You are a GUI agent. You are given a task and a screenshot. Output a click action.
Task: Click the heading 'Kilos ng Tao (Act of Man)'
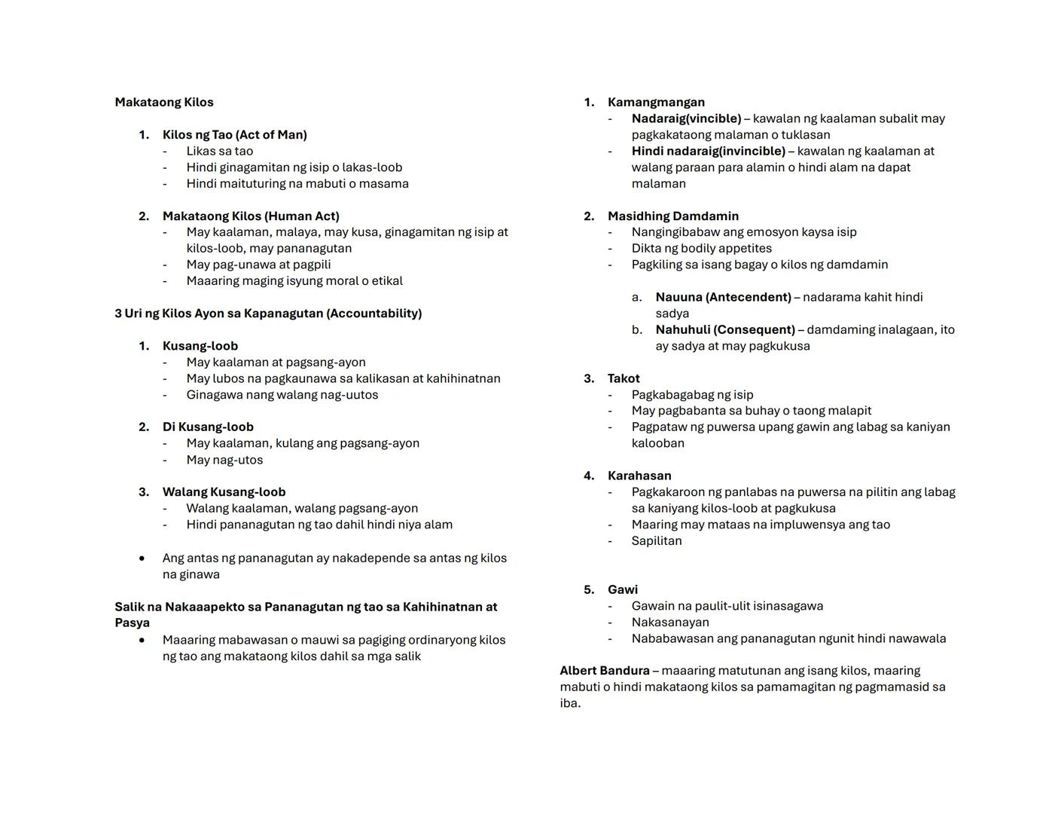pos(234,135)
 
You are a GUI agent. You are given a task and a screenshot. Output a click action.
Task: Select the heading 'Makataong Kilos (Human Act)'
pos(251,216)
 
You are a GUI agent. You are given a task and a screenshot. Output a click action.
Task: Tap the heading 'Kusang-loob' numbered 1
pos(200,346)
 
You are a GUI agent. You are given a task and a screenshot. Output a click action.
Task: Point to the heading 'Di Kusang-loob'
pos(208,427)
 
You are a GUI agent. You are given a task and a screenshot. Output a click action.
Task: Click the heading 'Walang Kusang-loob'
pos(224,492)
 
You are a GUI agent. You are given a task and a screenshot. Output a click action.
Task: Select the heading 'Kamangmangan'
pos(656,103)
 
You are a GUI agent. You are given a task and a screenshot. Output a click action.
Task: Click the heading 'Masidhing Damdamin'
pos(672,216)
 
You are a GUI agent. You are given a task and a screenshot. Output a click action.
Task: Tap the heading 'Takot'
pos(624,378)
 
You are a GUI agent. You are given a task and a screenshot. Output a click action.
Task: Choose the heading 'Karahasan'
pos(639,476)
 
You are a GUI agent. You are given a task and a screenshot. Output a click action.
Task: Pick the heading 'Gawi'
pos(622,589)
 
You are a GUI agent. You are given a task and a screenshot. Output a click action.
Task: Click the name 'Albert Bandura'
pos(604,671)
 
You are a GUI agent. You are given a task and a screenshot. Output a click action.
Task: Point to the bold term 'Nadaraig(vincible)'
pos(686,119)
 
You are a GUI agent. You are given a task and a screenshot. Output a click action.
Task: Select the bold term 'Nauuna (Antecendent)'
pos(723,297)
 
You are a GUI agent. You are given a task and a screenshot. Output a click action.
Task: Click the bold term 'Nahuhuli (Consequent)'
pos(724,330)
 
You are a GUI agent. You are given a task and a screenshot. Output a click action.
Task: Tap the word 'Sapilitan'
pos(656,540)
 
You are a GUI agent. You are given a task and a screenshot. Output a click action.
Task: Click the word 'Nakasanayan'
pos(669,622)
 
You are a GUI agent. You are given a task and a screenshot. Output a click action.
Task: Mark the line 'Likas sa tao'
pos(219,151)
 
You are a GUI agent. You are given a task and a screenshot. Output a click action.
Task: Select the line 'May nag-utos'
pos(224,460)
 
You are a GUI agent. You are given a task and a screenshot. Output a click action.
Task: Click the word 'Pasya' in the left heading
pos(132,623)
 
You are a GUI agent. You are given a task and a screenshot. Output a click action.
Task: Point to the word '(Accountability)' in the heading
pos(374,314)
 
